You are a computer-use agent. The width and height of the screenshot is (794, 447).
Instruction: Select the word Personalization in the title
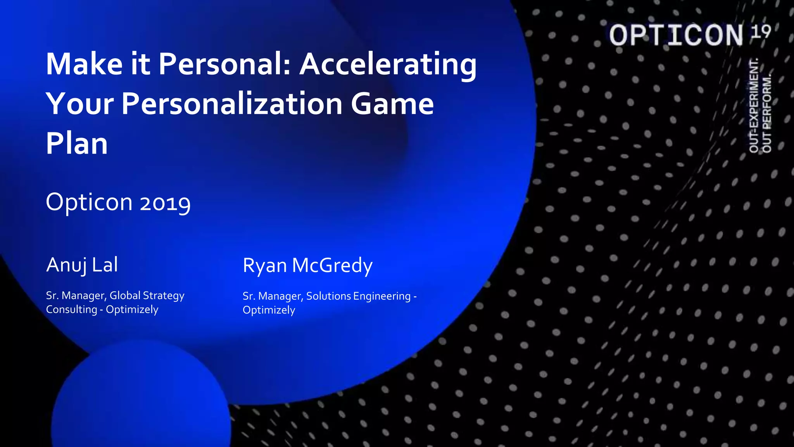(x=232, y=104)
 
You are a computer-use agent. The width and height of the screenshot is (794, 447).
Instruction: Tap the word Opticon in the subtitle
(x=89, y=202)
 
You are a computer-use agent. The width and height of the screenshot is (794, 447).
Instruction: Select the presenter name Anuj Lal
(x=82, y=265)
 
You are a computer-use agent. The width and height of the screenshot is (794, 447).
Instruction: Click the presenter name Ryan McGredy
(x=307, y=266)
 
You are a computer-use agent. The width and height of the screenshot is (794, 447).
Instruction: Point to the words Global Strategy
(x=147, y=296)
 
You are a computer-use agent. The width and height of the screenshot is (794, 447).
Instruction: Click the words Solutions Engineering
(x=358, y=296)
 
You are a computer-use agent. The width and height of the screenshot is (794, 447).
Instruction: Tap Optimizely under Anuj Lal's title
(x=132, y=310)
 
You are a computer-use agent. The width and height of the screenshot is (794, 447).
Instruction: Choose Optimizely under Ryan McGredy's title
(x=269, y=310)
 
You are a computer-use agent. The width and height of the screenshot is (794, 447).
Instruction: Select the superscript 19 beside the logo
(x=761, y=31)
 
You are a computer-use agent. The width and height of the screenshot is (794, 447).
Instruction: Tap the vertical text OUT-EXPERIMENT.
(x=754, y=106)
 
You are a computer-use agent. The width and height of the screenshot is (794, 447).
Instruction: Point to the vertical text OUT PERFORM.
(x=767, y=113)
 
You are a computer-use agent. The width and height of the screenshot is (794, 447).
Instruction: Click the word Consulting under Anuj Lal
(x=71, y=310)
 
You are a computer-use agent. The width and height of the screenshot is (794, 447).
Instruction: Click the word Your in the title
(x=80, y=104)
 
